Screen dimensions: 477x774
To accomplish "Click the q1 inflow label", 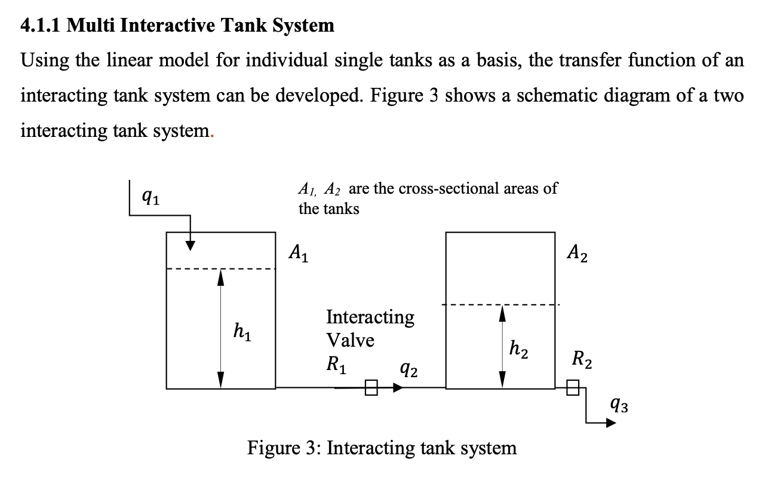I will [x=151, y=195].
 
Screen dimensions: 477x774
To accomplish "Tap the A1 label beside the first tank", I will [x=299, y=254].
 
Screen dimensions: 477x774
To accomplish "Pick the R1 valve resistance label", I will [x=336, y=364].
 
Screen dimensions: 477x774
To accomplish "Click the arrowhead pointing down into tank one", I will [x=190, y=246].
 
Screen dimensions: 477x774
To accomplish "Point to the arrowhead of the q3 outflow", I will [x=610, y=423].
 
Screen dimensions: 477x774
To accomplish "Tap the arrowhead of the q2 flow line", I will [x=398, y=388].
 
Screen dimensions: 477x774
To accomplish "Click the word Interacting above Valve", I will [x=370, y=317].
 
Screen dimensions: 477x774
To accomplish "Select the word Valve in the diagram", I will [x=350, y=340].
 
